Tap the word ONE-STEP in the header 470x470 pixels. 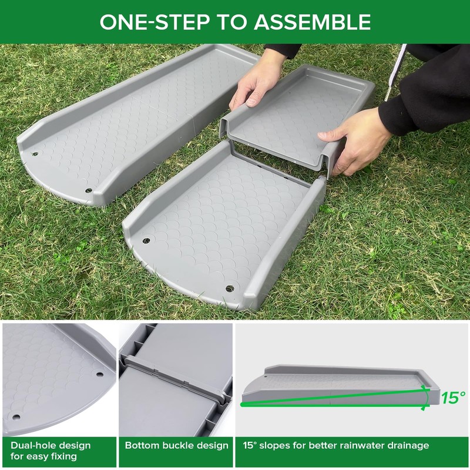155,22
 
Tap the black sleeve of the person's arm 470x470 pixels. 429,94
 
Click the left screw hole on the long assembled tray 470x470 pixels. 35,155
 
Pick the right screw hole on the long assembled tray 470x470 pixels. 89,190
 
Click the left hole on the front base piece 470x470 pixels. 146,240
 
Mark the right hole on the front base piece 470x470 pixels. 229,288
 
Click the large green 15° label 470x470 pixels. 453,398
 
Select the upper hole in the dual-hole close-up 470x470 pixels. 99,374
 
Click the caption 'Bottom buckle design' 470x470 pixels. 176,445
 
